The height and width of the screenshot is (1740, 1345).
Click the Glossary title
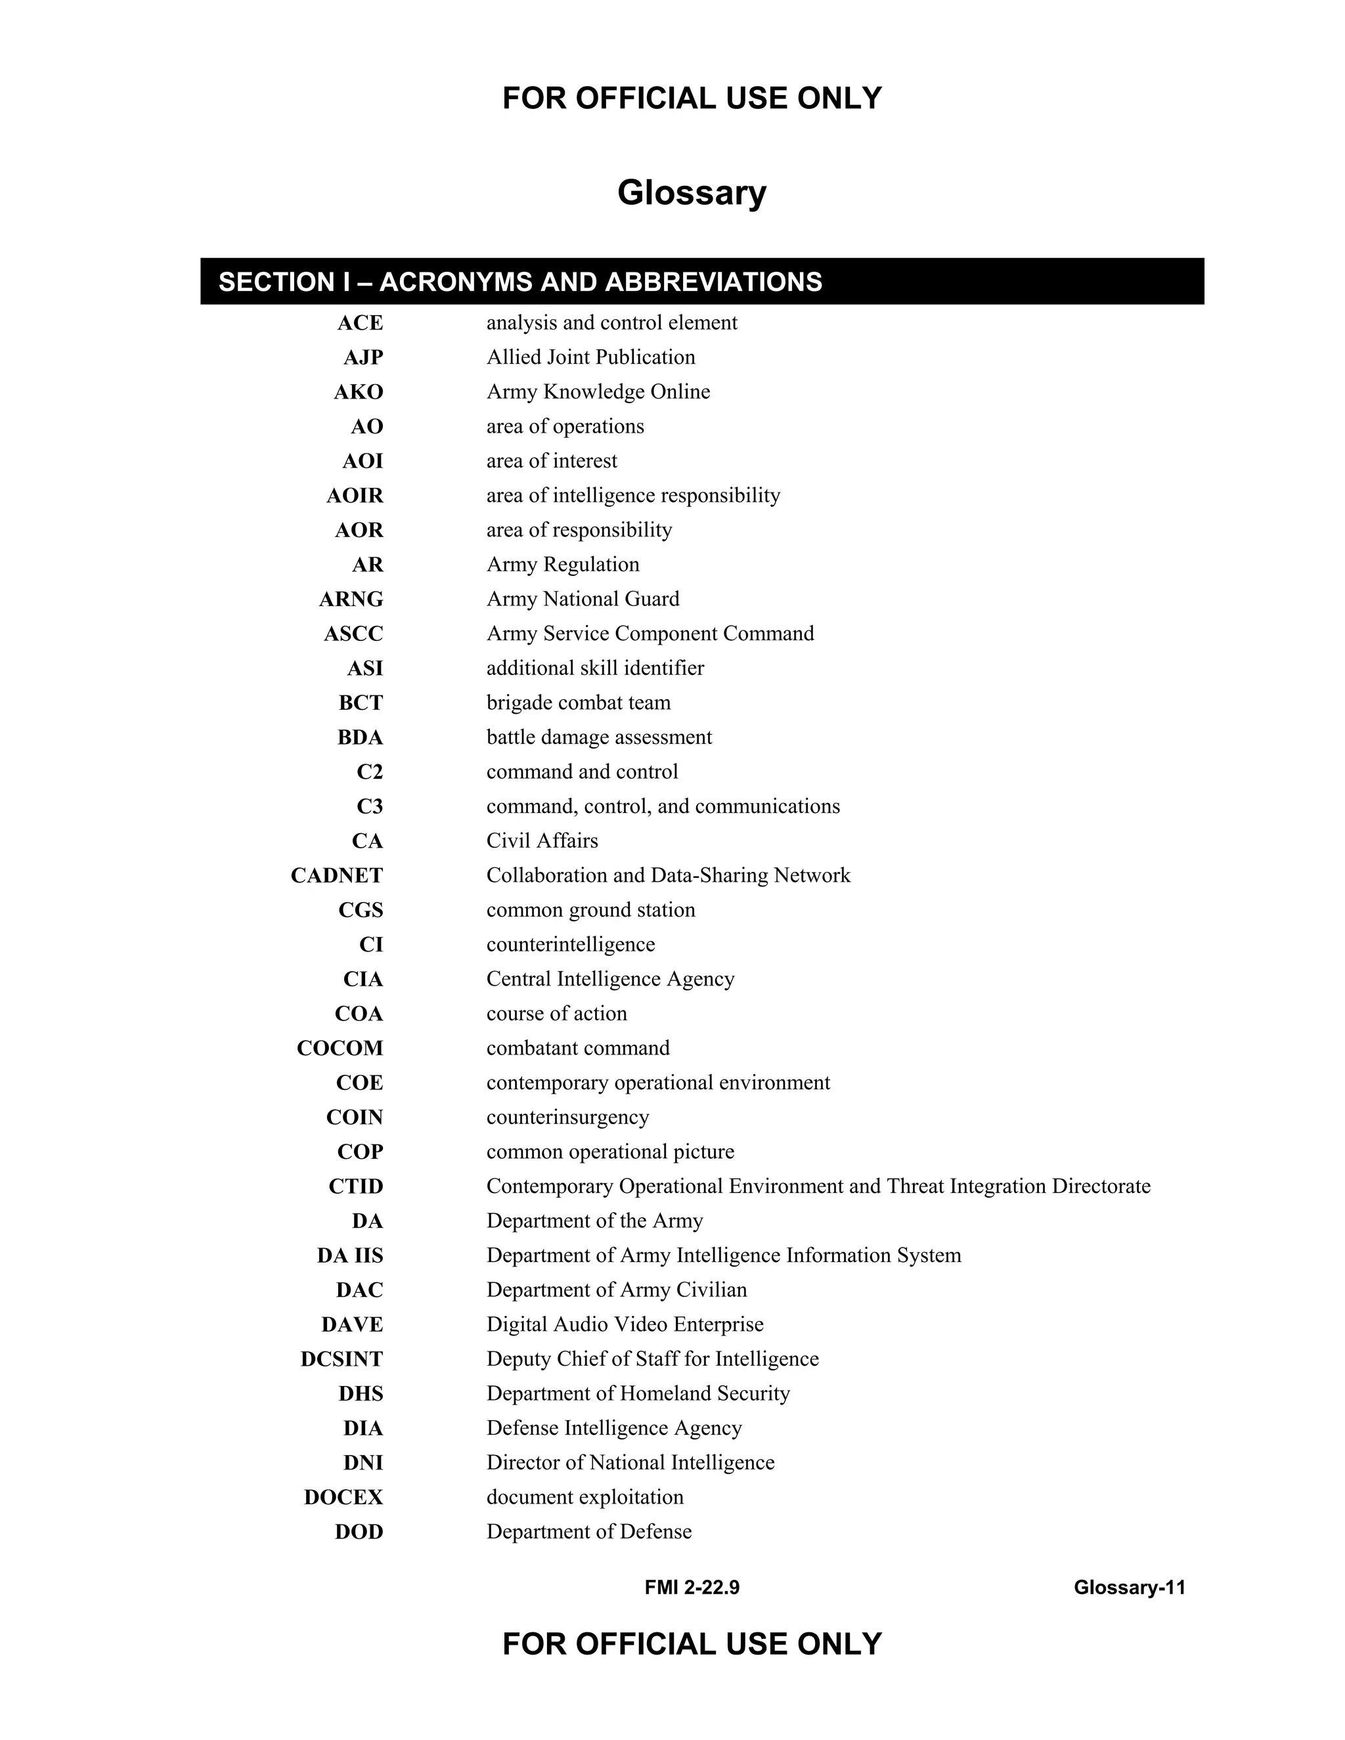[692, 193]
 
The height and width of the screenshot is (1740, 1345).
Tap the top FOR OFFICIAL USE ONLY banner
[692, 98]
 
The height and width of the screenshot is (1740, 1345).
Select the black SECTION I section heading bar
[701, 281]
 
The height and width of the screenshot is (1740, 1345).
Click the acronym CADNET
[336, 875]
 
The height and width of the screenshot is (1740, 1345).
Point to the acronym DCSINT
[341, 1359]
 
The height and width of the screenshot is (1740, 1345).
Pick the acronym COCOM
[340, 1049]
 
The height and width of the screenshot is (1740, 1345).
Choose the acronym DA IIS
[350, 1255]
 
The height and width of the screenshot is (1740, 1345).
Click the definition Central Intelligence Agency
[610, 979]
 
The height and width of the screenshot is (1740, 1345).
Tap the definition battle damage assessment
[599, 738]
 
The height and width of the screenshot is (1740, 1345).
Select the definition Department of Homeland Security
[638, 1393]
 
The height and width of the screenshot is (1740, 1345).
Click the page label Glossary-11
[1129, 1588]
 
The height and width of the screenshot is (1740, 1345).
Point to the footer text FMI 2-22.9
[692, 1588]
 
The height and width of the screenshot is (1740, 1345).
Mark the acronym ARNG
[351, 599]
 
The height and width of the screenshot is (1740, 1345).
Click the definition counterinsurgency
[567, 1118]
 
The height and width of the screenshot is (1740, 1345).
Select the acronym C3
[370, 807]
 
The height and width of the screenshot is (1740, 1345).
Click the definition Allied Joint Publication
[590, 358]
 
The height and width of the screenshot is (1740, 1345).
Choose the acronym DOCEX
[343, 1498]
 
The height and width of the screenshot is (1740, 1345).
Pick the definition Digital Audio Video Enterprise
[625, 1325]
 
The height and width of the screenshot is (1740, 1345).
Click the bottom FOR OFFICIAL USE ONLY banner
[692, 1644]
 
